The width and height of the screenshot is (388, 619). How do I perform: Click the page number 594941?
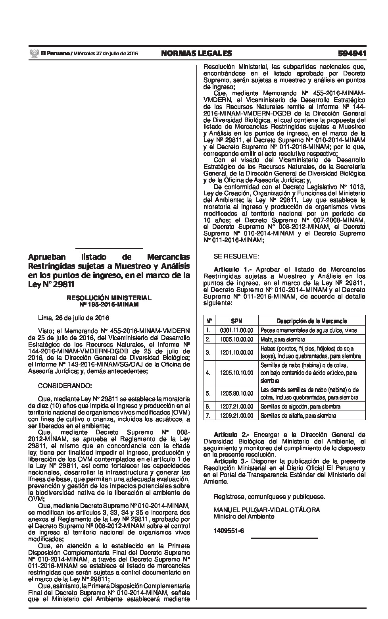[x=352, y=54]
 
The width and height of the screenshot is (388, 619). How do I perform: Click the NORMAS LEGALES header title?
[x=196, y=54]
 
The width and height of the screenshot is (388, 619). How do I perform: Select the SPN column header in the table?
[x=236, y=321]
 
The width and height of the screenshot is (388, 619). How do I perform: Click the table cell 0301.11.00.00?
[x=236, y=330]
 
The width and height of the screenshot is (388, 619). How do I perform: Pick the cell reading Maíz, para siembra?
[x=283, y=339]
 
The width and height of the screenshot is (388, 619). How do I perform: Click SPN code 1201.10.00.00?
[x=236, y=352]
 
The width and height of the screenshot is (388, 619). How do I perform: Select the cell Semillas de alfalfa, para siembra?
[x=298, y=416]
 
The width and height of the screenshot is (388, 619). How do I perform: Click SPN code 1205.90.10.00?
[x=236, y=393]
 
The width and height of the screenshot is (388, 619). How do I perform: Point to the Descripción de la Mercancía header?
[x=312, y=321]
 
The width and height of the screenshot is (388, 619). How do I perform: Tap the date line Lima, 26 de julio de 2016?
[x=73, y=318]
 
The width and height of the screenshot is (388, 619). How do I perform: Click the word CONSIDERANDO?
[x=65, y=386]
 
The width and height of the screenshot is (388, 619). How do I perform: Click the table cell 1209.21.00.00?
[x=236, y=416]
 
